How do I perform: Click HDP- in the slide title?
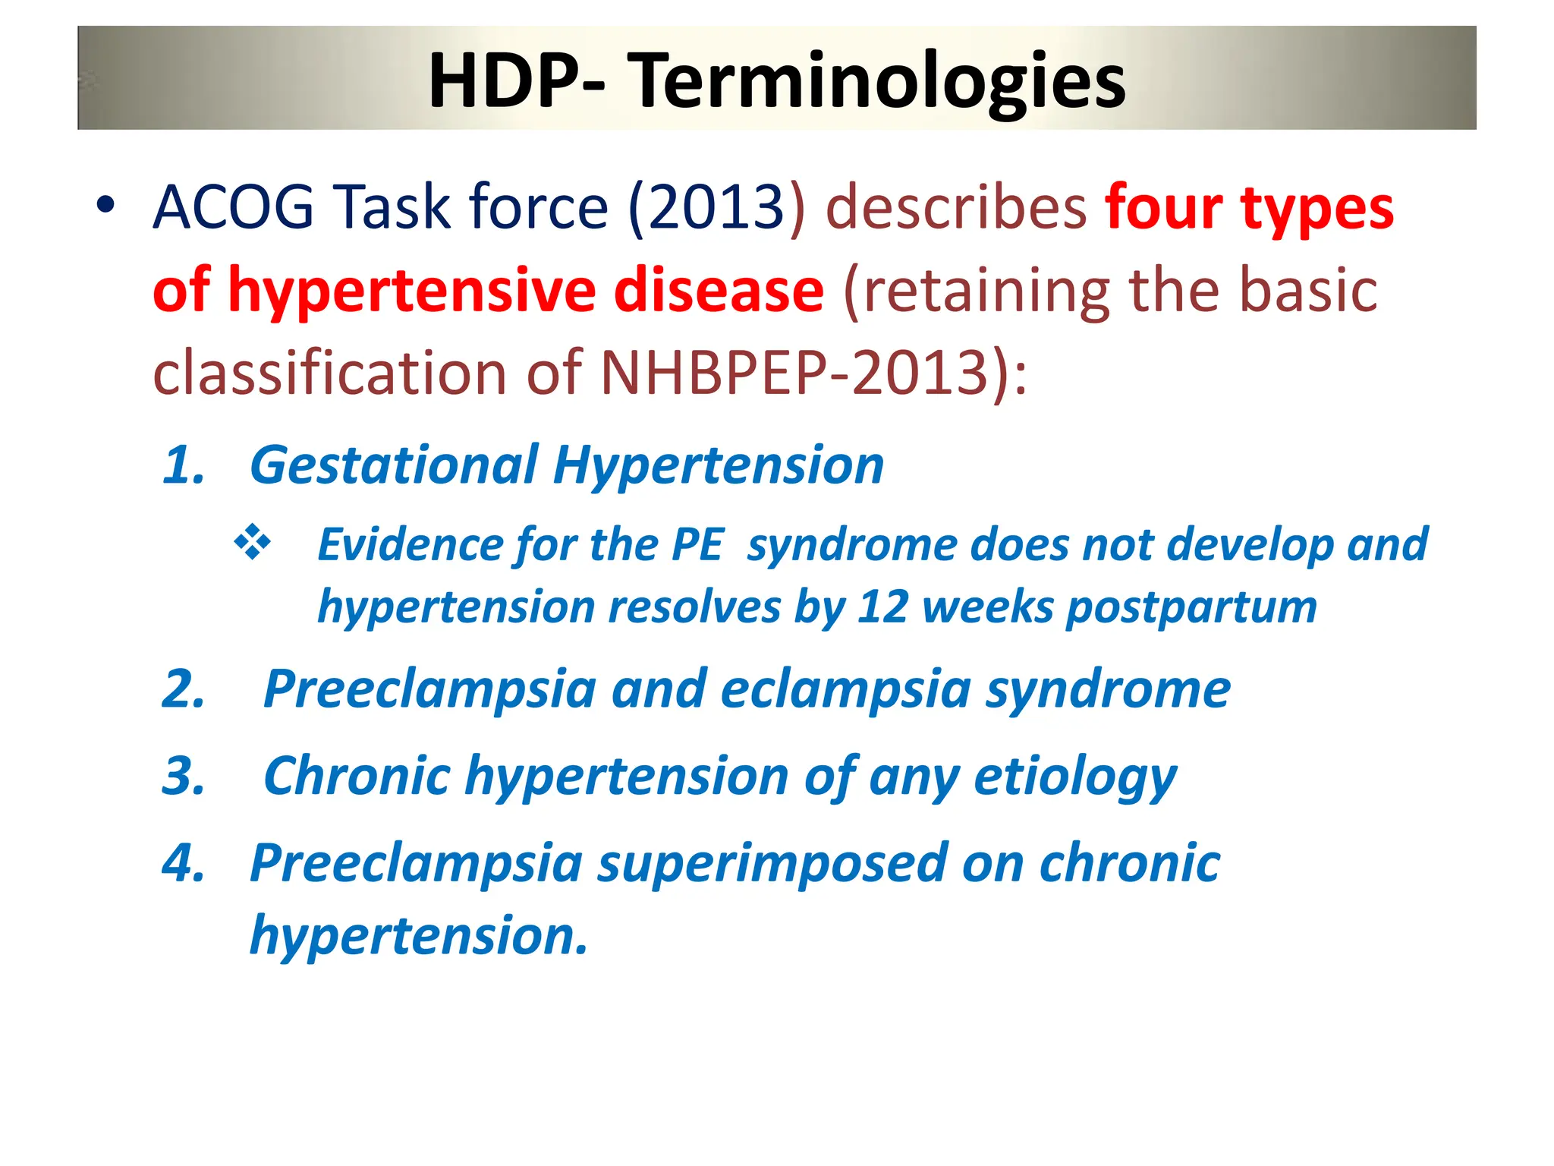[516, 80]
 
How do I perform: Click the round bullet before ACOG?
[105, 206]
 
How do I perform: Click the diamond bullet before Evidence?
[253, 544]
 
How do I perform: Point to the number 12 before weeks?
[882, 607]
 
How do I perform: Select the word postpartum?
[1191, 607]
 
